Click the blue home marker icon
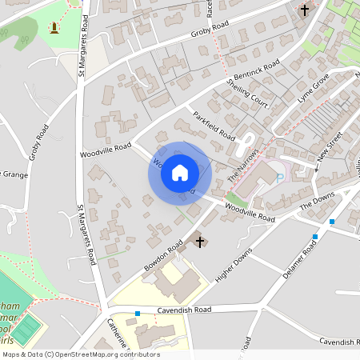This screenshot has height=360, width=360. [180, 172]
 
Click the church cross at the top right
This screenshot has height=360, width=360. [304, 10]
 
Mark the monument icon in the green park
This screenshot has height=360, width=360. [54, 28]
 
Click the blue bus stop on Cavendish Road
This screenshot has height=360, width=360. [138, 314]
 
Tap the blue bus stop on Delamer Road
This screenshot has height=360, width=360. [315, 237]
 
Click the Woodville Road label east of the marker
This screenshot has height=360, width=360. [250, 214]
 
